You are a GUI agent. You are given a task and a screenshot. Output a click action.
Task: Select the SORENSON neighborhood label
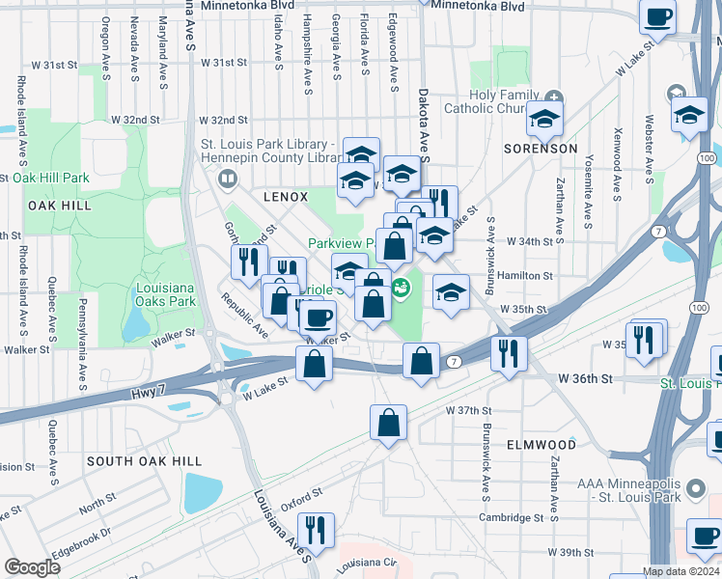pos(541,149)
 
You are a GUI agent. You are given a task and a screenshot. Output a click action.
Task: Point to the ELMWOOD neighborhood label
pos(541,445)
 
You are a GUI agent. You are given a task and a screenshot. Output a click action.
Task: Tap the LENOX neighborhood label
pos(286,196)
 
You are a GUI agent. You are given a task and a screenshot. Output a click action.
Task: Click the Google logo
pos(33,567)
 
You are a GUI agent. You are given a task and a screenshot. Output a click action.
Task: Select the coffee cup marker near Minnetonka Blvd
pos(659,16)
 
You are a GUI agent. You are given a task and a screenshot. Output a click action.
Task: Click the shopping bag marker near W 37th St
pos(388,422)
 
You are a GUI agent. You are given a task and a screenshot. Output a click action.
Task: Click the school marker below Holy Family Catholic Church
pos(544,119)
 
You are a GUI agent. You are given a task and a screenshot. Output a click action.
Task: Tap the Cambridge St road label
pos(511,517)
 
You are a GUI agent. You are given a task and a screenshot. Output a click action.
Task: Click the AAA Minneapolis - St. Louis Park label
pos(629,490)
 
